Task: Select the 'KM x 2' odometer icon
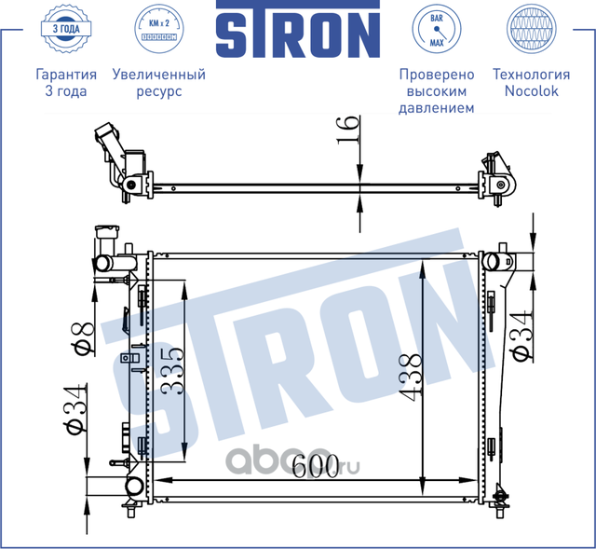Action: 157,29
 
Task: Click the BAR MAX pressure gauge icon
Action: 436,29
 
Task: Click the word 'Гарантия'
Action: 65,75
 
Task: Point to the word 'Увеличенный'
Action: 158,75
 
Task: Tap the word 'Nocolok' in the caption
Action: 531,91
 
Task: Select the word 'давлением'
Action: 436,108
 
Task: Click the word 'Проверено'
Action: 436,75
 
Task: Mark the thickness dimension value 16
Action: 346,128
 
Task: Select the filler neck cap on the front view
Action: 103,235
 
